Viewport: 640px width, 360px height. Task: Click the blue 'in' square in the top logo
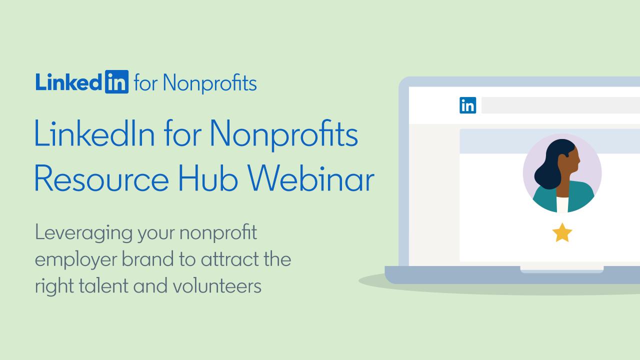click(117, 81)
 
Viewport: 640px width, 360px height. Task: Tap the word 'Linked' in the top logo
click(68, 81)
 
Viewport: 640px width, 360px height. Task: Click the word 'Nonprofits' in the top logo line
click(210, 83)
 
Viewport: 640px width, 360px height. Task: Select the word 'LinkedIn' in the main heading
click(95, 133)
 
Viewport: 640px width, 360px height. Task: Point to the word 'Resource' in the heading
click(101, 178)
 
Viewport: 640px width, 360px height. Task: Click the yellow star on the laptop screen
click(562, 233)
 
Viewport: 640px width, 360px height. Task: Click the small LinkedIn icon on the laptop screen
click(467, 105)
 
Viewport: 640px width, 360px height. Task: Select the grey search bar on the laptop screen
click(560, 105)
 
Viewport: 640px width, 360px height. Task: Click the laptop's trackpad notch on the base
click(561, 269)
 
